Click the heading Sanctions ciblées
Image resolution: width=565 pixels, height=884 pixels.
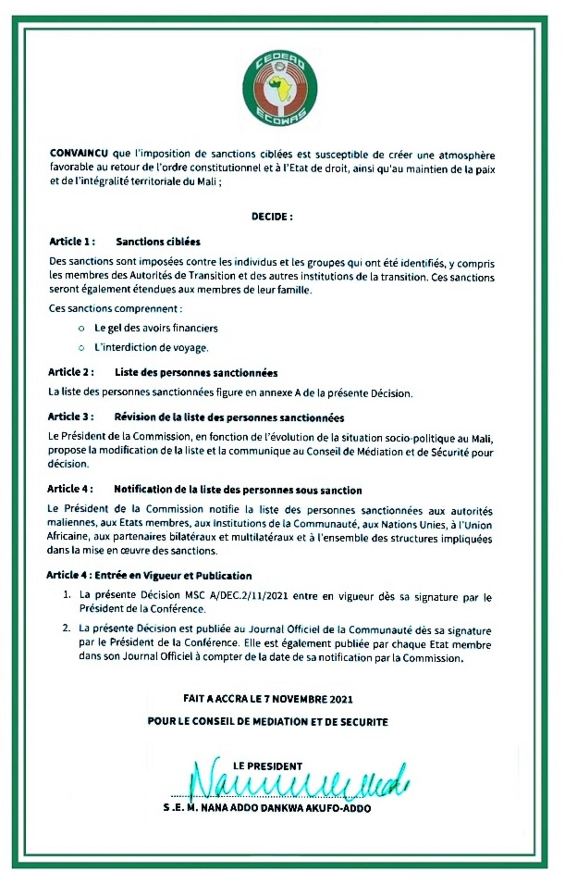158,242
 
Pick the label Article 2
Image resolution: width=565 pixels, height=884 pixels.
71,372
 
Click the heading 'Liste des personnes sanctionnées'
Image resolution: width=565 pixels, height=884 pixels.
196,373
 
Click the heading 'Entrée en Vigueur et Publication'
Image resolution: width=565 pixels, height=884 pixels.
173,576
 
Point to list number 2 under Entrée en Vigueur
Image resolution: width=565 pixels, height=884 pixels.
67,628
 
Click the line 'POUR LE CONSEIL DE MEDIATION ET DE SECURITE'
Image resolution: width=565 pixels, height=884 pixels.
268,722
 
